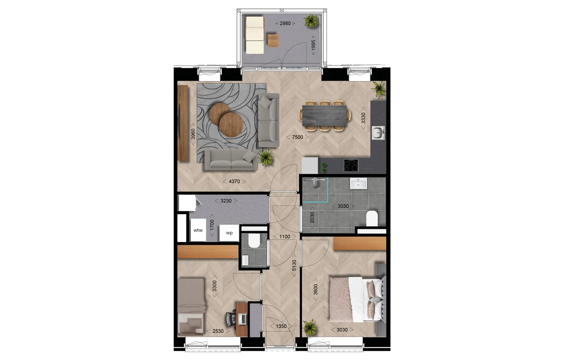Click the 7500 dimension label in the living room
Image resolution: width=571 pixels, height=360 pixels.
pos(297,137)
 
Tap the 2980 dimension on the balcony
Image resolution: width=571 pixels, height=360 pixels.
pos(285,23)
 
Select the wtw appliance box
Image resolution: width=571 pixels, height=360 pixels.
pos(198,230)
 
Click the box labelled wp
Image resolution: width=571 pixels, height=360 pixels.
pos(229,233)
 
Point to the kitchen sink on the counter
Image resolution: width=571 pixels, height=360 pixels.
pos(378,133)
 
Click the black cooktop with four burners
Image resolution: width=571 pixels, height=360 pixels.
pos(351,166)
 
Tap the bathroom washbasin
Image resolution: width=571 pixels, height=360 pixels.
pos(358,184)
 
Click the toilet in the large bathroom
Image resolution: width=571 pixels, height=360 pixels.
pos(372,219)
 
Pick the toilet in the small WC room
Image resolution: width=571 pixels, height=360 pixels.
pos(254,241)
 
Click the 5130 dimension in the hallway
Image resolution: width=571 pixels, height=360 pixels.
pos(294,265)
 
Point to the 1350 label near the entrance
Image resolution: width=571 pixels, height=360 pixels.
pos(281,326)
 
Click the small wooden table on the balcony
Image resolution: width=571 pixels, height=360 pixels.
pos(273,40)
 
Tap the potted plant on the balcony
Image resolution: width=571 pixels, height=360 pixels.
pos(311,21)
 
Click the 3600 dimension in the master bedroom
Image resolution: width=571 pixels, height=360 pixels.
pos(315,290)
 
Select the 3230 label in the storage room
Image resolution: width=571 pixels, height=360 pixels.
pos(226,201)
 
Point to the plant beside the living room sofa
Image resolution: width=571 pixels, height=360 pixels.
pos(265,156)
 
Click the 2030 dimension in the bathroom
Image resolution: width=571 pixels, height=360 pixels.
pos(312,218)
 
